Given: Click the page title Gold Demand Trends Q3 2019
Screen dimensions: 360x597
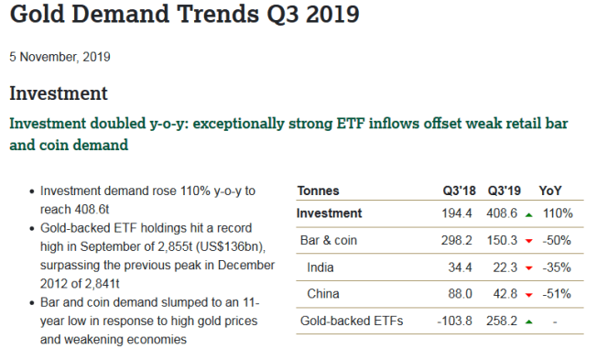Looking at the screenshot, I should click(x=184, y=16).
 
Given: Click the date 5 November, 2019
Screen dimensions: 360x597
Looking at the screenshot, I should click(x=60, y=57).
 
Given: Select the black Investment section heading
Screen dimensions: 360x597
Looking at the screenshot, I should click(x=59, y=93).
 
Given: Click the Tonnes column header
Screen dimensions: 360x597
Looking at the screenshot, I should click(x=318, y=191).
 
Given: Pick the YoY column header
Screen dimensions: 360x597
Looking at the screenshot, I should click(x=551, y=191).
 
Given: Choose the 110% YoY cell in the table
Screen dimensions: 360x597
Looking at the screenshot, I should click(x=557, y=213).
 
